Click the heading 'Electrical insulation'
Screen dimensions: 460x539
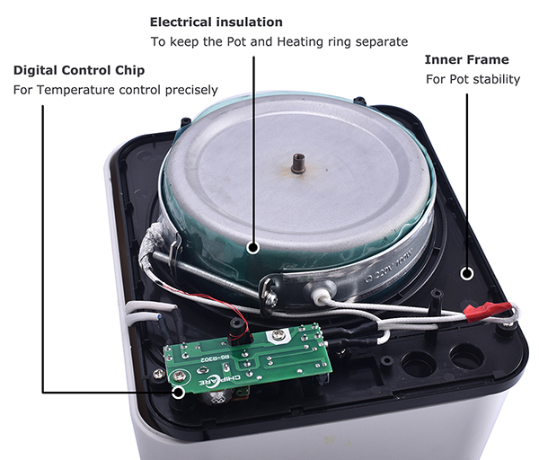point(216,22)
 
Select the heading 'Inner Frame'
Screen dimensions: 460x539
point(465,59)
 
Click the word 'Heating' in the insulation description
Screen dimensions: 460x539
point(305,41)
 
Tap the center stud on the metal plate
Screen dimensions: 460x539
point(296,164)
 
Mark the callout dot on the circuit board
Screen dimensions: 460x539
point(178,391)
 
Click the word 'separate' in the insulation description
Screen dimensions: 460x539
point(383,41)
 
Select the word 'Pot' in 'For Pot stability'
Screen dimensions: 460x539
point(457,79)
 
